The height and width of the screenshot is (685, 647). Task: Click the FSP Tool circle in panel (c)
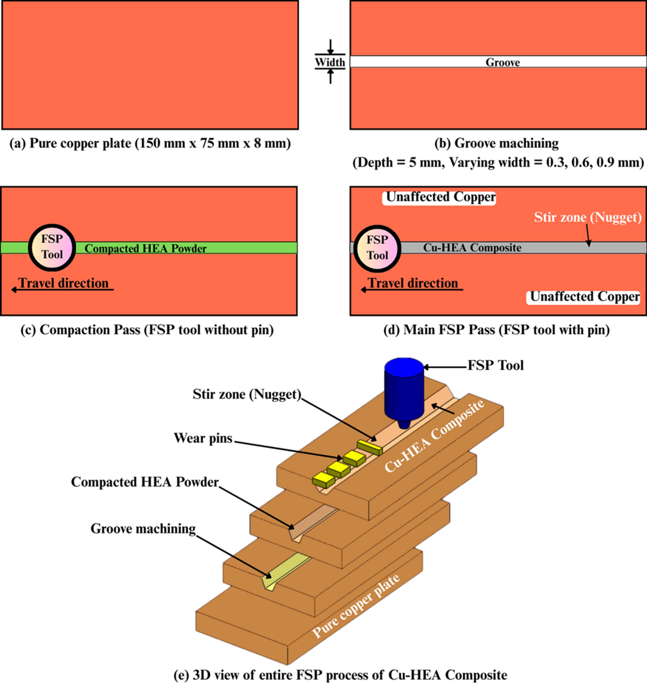click(51, 247)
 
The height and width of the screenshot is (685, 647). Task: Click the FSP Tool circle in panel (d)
click(377, 248)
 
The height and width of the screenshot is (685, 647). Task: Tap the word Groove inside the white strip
click(503, 63)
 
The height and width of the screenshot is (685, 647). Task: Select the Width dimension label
click(330, 62)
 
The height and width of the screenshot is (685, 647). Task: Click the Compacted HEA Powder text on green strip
click(146, 249)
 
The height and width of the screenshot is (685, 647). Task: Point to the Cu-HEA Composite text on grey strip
click(472, 248)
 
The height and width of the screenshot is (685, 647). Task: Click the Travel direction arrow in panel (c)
click(63, 290)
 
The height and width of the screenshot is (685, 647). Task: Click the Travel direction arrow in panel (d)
click(412, 290)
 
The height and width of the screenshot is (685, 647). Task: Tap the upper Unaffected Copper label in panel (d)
click(440, 197)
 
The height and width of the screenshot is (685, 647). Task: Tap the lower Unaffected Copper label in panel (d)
click(584, 297)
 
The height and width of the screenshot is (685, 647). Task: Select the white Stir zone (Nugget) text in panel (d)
click(588, 217)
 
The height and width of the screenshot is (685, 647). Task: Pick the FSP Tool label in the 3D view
click(495, 366)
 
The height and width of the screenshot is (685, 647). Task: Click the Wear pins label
click(203, 438)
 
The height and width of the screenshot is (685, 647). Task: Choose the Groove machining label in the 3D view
click(143, 529)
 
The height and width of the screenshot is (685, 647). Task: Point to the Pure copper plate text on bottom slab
click(356, 606)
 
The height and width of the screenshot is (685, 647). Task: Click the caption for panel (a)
click(150, 143)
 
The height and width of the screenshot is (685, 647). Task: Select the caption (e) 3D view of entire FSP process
click(340, 675)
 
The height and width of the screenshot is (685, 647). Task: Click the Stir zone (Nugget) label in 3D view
click(246, 394)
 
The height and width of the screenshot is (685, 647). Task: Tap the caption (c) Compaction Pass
click(147, 330)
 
